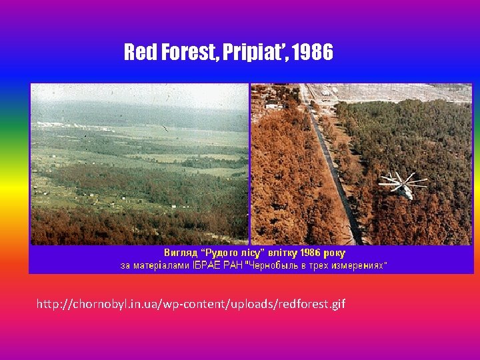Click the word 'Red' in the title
[139, 53]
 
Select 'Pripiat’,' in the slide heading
[255, 53]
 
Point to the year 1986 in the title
[311, 53]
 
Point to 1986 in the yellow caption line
[311, 253]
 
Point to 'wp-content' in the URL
[178, 305]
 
